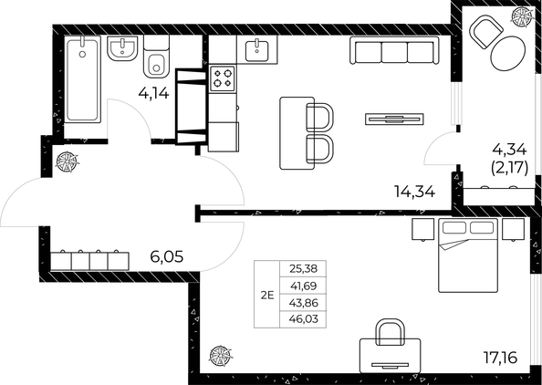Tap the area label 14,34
click(413, 192)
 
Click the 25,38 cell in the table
click(303, 269)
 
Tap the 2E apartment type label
click(267, 294)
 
